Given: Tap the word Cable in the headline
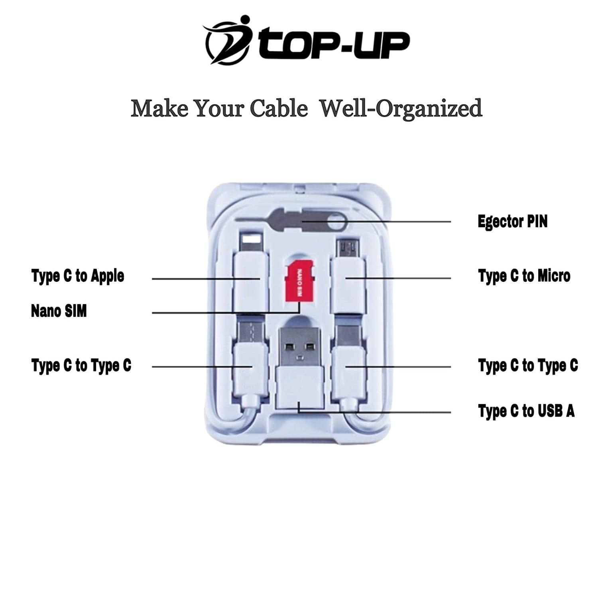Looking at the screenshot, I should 279,108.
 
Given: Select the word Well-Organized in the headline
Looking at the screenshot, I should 401,108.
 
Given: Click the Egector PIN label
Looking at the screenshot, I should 512,222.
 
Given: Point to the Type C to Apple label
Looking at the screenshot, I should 78,276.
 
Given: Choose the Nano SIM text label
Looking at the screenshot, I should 59,311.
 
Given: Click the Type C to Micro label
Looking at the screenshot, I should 524,276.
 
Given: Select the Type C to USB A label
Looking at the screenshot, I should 526,411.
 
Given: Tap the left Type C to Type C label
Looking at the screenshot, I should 81,366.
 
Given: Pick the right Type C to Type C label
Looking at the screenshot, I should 528,366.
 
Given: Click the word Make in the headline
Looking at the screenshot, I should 160,108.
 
